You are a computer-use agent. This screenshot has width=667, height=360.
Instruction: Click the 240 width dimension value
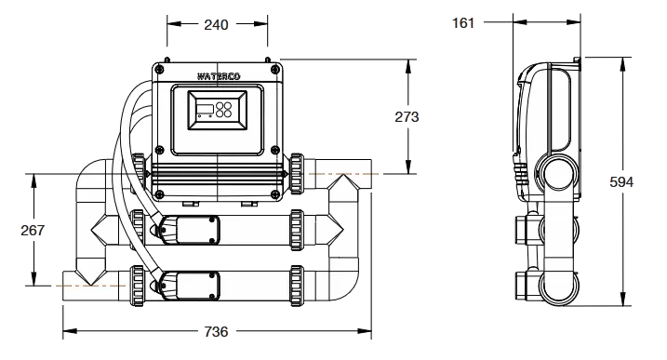click(216, 25)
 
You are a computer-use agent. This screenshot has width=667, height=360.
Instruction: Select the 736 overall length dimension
click(216, 331)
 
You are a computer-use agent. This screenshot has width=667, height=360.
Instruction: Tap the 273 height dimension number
click(407, 117)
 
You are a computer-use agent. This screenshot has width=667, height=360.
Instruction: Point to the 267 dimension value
click(33, 230)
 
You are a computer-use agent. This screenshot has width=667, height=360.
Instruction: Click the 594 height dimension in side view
click(621, 182)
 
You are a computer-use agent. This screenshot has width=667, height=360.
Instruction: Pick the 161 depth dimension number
click(463, 23)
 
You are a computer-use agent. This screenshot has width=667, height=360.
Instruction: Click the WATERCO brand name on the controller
click(219, 76)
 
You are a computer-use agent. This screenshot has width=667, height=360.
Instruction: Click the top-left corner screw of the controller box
click(159, 69)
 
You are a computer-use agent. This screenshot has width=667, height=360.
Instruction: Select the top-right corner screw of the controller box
click(276, 69)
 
